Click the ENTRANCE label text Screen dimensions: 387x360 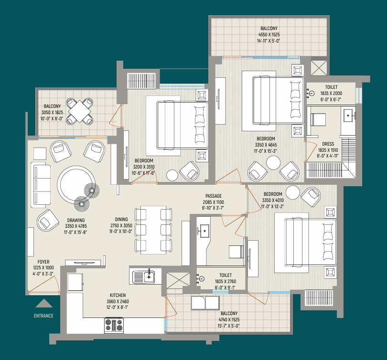[x=43, y=316]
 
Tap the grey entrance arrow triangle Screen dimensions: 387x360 [x=44, y=304]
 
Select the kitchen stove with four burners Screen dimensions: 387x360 [x=114, y=325]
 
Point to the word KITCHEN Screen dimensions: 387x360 [x=118, y=295]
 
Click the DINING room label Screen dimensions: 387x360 [x=121, y=219]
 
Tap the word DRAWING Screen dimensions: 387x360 [x=76, y=220]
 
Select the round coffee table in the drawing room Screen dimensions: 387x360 [x=76, y=185]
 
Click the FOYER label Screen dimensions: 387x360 [x=43, y=262]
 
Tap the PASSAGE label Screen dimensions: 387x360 [x=214, y=196]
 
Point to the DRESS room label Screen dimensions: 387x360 [x=328, y=144]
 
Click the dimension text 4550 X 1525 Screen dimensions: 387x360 [x=269, y=34]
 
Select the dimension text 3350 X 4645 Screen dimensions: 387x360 [x=266, y=145]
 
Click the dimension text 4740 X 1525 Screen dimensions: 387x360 [x=229, y=319]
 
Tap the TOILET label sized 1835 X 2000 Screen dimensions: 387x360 [x=331, y=87]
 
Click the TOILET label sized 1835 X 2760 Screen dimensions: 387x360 [x=226, y=275]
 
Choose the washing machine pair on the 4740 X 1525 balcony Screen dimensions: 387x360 [x=205, y=303]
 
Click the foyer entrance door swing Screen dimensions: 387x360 [x=44, y=286]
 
